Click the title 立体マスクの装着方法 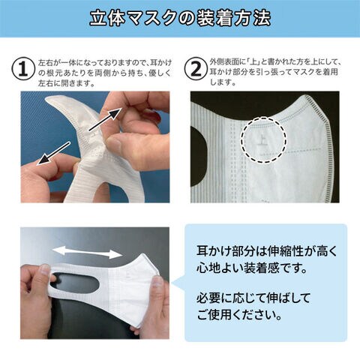pyautogui.click(x=180, y=18)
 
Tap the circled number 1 pyautogui.click(x=23, y=69)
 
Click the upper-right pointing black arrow pyautogui.click(x=106, y=119)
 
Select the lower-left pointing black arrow pyautogui.click(x=53, y=153)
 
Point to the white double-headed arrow pyautogui.click(x=87, y=253)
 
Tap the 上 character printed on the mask pyautogui.click(x=263, y=140)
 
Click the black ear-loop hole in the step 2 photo pyautogui.click(x=199, y=156)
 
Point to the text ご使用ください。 pyautogui.click(x=239, y=314)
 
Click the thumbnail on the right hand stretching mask pyautogui.click(x=156, y=283)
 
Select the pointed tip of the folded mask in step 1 pyautogui.click(x=47, y=98)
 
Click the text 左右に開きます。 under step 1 pyautogui.click(x=67, y=83)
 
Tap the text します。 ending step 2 pyautogui.click(x=223, y=82)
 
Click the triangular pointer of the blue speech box pyautogui.click(x=178, y=283)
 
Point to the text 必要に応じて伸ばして pyautogui.click(x=253, y=298)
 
